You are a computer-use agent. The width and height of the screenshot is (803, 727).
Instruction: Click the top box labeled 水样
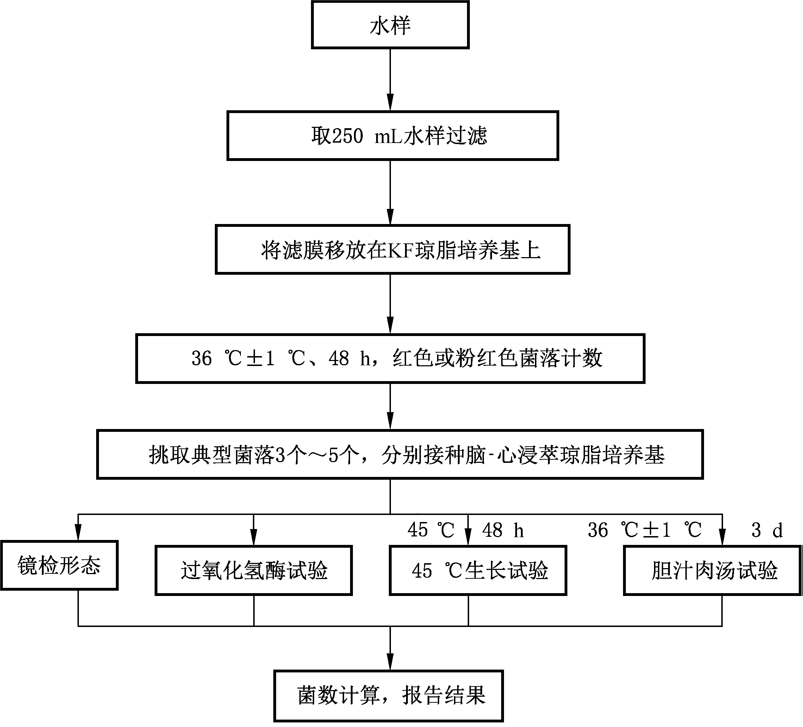tap(390, 25)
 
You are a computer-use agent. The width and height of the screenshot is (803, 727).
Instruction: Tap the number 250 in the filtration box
tap(347, 136)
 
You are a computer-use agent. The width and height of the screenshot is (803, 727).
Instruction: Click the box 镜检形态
tap(59, 566)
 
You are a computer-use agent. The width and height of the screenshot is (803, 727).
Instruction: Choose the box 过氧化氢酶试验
tap(254, 571)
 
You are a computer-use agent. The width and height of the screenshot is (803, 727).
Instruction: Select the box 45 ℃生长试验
tap(478, 571)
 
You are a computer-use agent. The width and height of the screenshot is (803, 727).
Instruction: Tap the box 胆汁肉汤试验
tap(712, 571)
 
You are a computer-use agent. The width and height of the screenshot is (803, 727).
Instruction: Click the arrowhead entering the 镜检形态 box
tap(78, 533)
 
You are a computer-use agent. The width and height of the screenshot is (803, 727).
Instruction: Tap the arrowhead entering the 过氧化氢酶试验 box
tap(254, 538)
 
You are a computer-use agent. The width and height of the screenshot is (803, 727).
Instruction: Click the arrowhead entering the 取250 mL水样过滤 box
tap(390, 103)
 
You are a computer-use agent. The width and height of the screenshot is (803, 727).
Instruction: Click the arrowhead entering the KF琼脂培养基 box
tap(390, 217)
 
